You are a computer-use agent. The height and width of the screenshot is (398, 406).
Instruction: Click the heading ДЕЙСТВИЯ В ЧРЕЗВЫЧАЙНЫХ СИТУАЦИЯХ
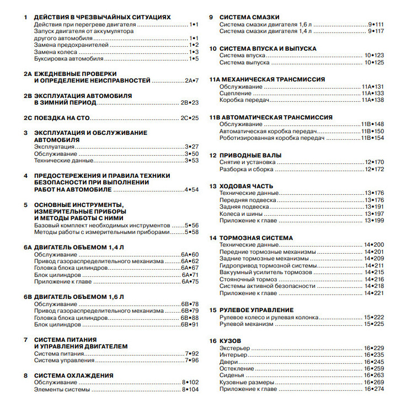102,18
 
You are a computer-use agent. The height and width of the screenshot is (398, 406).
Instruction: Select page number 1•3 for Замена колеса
193,52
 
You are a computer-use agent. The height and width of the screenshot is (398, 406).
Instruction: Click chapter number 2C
28,118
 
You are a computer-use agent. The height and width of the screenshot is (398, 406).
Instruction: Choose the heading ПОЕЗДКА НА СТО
62,118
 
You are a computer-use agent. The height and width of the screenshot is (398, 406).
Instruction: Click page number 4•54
191,189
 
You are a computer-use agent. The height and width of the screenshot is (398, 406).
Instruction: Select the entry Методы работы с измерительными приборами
99,232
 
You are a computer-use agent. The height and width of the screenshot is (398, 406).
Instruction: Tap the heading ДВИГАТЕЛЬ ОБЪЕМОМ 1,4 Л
79,247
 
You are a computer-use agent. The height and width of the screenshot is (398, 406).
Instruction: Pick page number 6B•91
189,325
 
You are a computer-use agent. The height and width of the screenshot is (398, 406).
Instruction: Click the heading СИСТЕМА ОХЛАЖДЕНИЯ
73,375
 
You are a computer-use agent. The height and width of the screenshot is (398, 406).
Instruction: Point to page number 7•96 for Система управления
191,361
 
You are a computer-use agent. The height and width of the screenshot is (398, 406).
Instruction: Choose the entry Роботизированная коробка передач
268,138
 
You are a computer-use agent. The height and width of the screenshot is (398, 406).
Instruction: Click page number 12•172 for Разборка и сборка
374,169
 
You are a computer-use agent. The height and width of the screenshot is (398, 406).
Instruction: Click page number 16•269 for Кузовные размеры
374,382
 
